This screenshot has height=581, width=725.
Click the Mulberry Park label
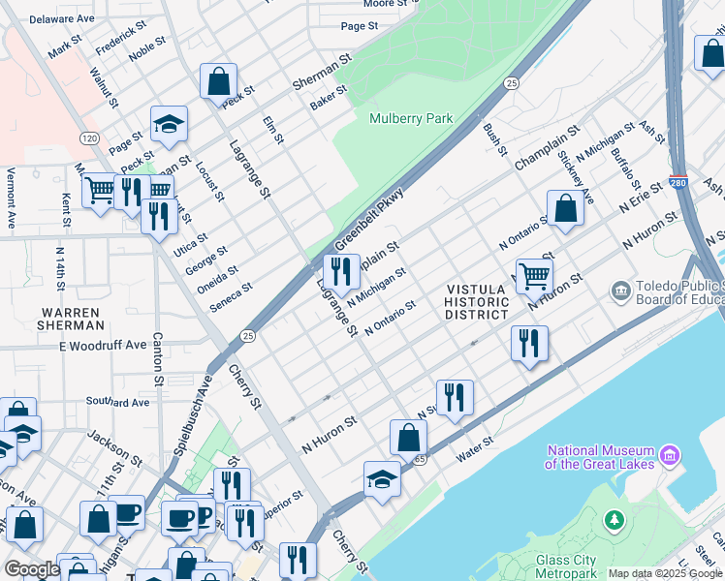[x=411, y=118]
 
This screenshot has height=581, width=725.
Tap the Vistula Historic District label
[x=476, y=302]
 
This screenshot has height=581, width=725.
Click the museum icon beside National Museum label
[x=669, y=454]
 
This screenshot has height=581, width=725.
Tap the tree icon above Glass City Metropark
[x=613, y=521]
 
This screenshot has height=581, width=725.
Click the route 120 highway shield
[x=90, y=138]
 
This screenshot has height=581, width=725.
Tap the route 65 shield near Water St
[x=419, y=460]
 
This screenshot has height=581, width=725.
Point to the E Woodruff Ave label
[x=102, y=345]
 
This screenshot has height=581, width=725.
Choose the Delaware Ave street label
[x=62, y=18]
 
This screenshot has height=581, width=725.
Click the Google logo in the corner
[x=31, y=569]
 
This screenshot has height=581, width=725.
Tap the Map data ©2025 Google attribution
[x=665, y=573]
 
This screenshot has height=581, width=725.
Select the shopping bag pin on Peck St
[x=218, y=80]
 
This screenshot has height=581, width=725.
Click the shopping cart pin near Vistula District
[x=534, y=276]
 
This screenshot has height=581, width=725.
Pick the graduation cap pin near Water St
[x=383, y=479]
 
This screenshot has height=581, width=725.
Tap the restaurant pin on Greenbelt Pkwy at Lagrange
[x=340, y=271]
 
